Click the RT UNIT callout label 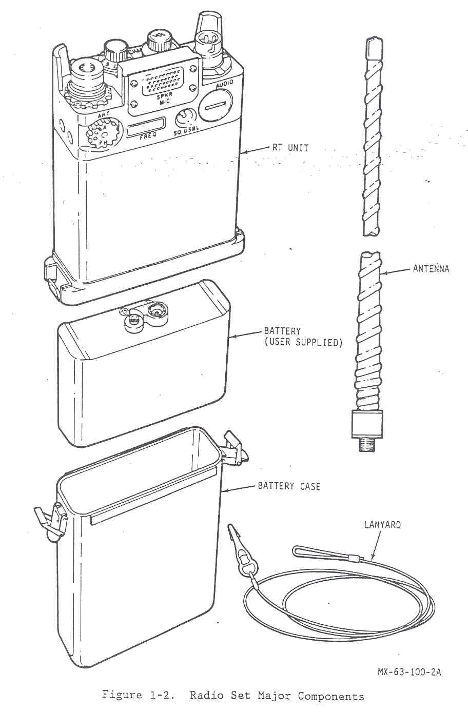[290, 148]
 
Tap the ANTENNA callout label [431, 268]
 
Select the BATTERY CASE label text [289, 486]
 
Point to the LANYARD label [382, 525]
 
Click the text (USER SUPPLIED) [303, 342]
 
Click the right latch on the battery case [235, 446]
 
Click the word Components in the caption [330, 696]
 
